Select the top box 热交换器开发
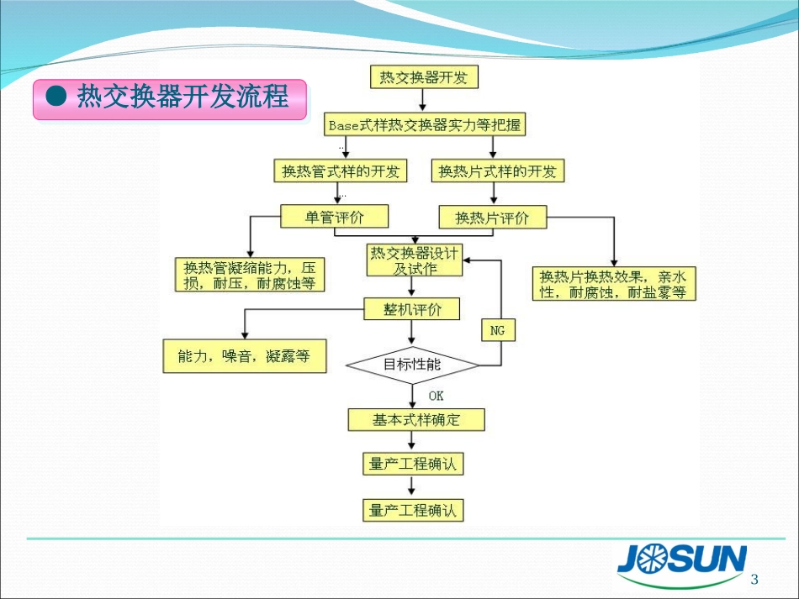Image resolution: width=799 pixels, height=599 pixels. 424,78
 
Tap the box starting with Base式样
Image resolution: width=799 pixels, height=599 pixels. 424,125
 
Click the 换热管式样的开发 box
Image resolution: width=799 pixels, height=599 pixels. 340,171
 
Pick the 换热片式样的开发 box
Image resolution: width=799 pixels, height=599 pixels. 497,171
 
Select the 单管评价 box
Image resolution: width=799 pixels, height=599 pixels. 335,217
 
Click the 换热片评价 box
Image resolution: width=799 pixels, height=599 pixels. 493,218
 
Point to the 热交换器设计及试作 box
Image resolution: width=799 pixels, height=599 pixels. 415,260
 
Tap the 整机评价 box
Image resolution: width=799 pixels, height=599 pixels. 412,309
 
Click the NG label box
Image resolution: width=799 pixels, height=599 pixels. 498,331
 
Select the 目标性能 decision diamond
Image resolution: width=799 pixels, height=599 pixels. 412,365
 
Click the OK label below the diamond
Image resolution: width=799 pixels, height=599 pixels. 436,396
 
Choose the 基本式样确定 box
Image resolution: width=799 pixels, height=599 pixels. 416,419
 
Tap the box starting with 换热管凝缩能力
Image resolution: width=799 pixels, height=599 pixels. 249,276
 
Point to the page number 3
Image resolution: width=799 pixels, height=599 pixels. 754,580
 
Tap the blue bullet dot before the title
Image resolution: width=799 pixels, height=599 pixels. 56,97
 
